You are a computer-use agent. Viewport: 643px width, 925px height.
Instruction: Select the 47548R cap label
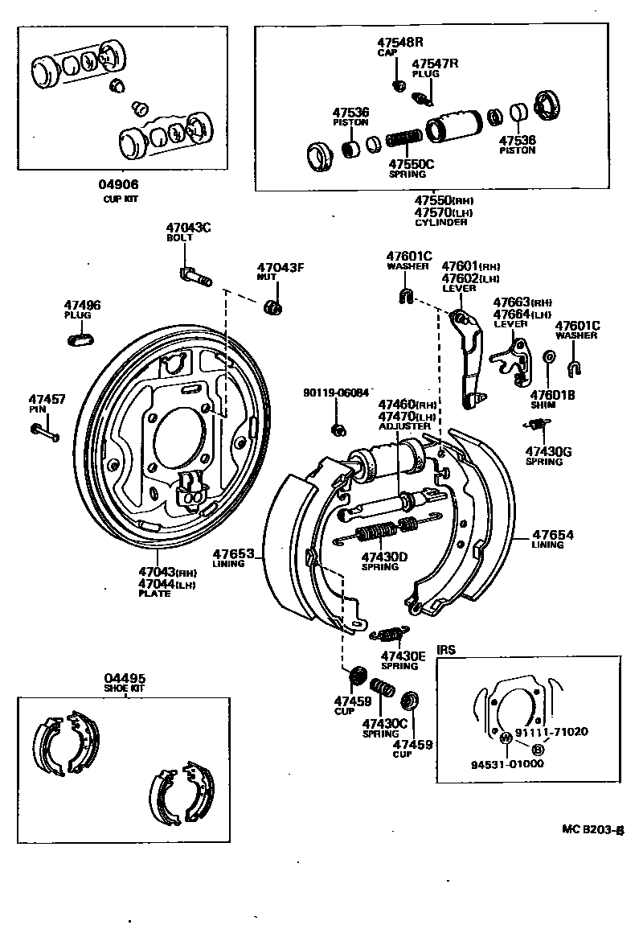[400, 41]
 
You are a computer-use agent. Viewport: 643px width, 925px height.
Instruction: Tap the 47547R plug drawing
[420, 97]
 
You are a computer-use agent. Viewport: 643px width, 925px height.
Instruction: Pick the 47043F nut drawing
[273, 306]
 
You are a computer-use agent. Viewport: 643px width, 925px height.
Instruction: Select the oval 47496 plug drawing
[81, 339]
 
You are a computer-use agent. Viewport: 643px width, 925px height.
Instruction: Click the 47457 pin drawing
[45, 433]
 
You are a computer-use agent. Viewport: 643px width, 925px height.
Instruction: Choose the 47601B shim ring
[548, 357]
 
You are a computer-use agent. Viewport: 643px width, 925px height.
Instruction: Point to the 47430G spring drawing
[536, 425]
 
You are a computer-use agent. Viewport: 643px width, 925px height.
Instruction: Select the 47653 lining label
[233, 553]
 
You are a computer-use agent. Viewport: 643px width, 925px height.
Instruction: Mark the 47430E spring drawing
[389, 635]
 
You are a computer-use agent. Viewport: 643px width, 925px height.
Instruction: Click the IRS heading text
[446, 649]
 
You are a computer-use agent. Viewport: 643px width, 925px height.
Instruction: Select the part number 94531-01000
[507, 763]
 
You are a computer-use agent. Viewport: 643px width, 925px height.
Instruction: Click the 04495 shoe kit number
[125, 678]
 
